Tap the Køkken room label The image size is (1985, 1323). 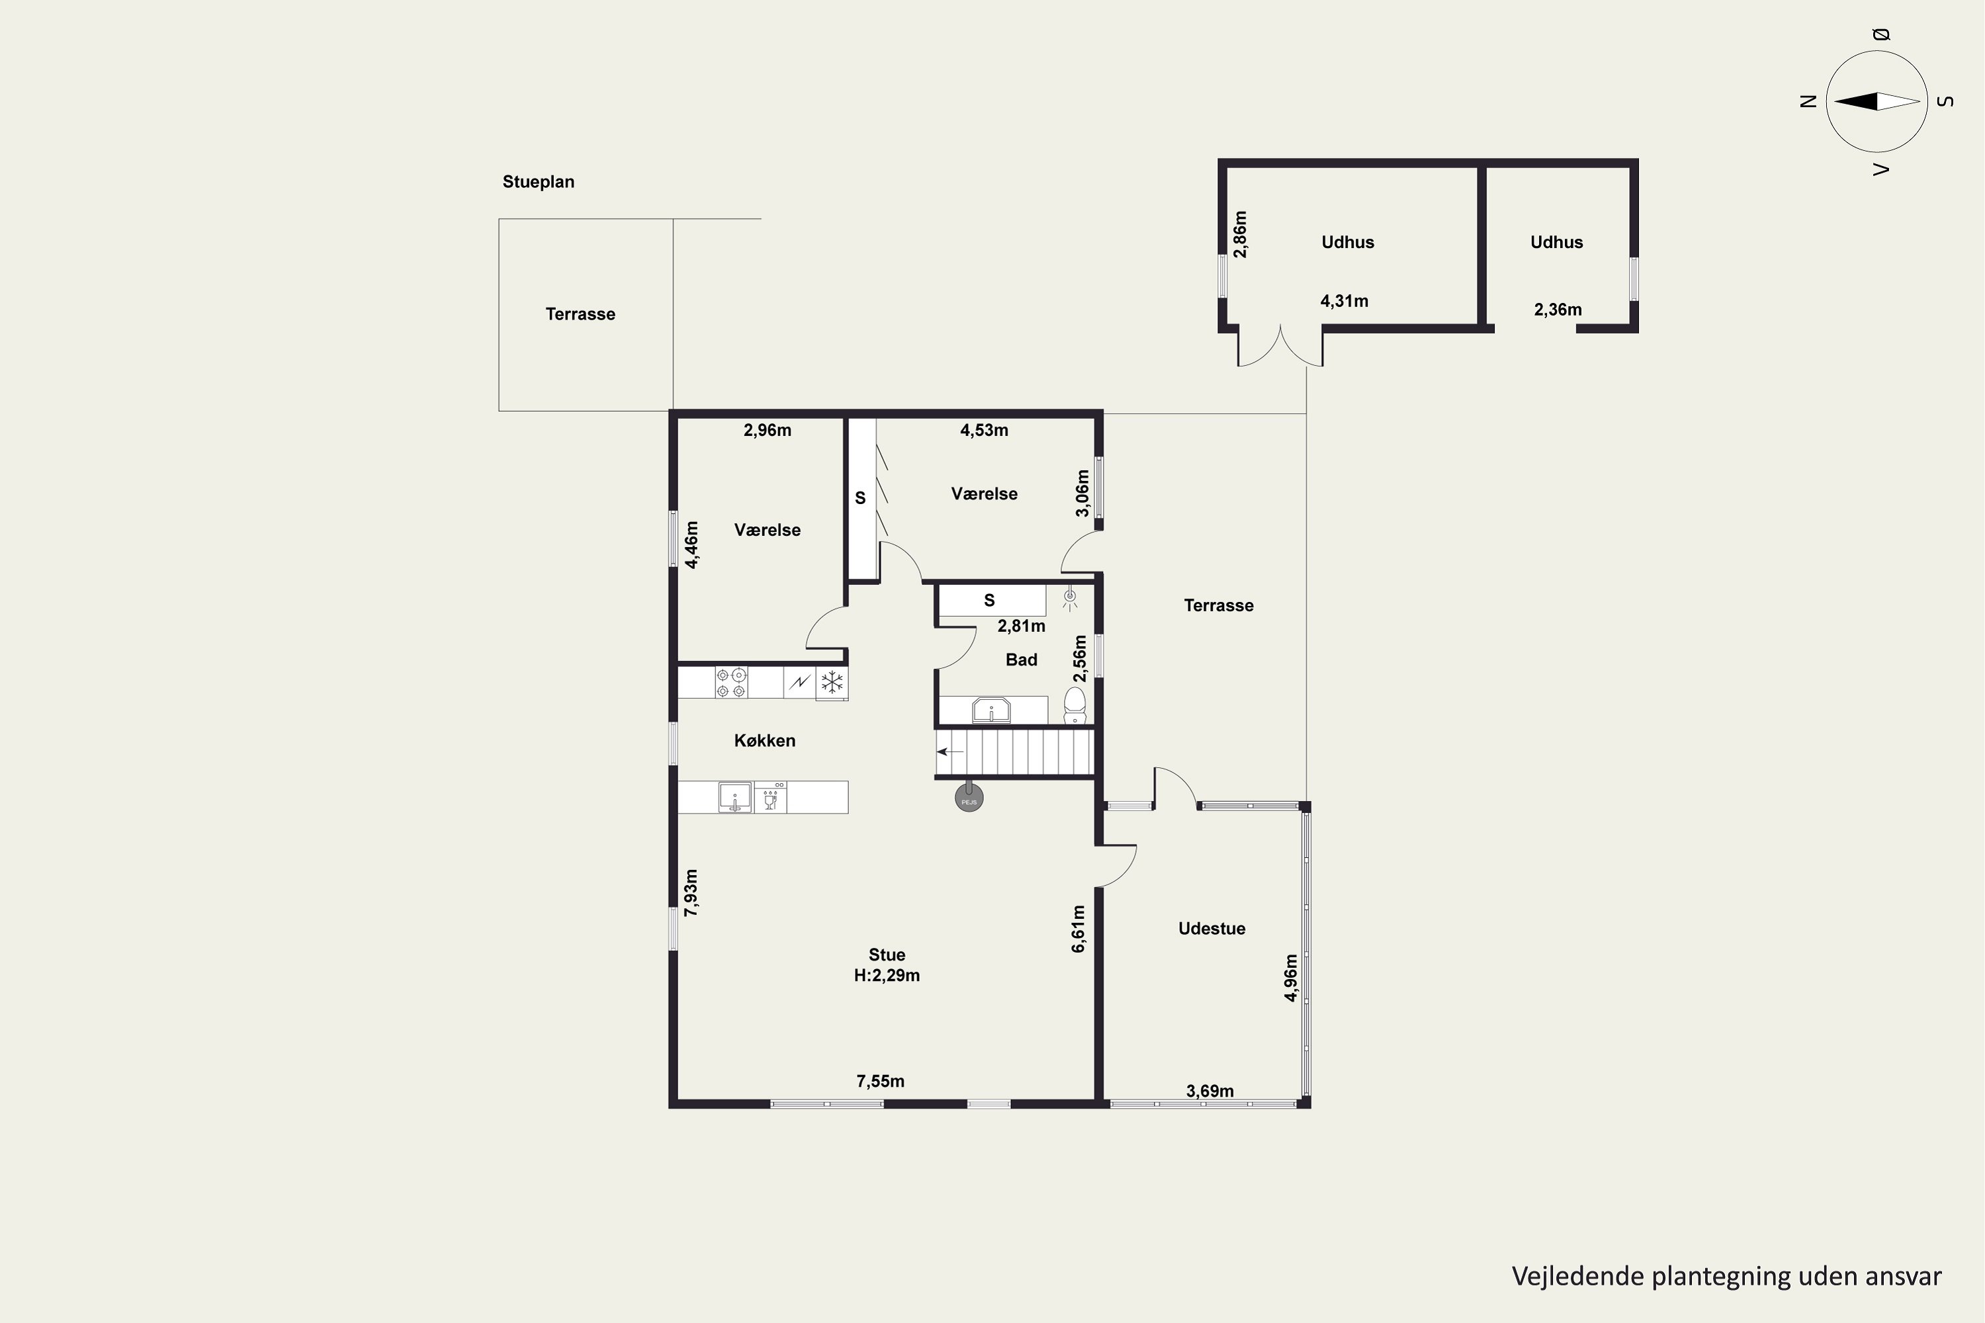click(765, 741)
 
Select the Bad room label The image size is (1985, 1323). click(1021, 660)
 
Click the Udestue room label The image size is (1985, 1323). click(1212, 929)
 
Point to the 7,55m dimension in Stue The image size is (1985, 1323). click(880, 1082)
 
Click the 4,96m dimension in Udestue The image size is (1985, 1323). click(1290, 978)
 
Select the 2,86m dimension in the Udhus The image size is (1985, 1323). click(1240, 235)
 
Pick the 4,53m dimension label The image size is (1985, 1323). click(984, 431)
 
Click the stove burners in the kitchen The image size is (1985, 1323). click(731, 683)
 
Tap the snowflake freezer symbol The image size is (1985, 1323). click(832, 683)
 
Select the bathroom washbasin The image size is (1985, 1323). click(992, 710)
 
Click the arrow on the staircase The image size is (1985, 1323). click(950, 751)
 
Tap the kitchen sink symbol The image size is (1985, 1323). click(735, 797)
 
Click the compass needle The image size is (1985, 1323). click(1877, 101)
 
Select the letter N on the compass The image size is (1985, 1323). click(1808, 101)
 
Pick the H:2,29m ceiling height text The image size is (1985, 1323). click(887, 975)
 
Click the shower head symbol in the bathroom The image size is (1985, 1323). click(1070, 597)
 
